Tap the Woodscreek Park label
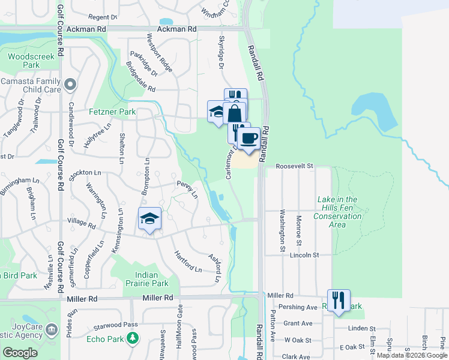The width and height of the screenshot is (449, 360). click(23, 61)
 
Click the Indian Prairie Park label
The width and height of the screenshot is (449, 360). click(148, 279)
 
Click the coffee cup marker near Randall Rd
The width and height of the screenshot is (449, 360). click(248, 139)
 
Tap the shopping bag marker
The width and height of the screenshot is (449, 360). click(235, 112)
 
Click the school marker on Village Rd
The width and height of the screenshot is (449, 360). click(149, 219)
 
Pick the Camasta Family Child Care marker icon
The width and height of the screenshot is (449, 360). click(71, 84)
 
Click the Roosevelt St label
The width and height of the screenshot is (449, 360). click(295, 166)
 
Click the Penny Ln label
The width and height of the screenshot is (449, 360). click(187, 188)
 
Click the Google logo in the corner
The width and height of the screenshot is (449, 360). click(20, 353)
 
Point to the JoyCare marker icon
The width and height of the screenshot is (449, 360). click(52, 329)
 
